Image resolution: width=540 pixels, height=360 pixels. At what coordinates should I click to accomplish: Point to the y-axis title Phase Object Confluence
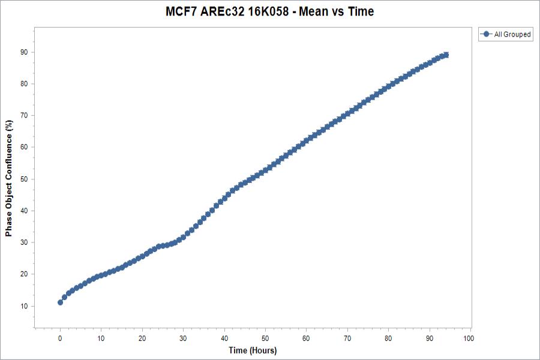(x=9, y=179)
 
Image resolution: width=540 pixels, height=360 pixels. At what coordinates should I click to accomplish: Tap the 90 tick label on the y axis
(x=24, y=52)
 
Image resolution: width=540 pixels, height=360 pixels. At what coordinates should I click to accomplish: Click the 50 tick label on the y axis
(x=24, y=179)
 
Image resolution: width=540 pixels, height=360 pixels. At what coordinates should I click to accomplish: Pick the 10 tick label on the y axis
(x=24, y=306)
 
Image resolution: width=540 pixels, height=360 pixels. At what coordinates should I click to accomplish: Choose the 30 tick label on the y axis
(x=24, y=242)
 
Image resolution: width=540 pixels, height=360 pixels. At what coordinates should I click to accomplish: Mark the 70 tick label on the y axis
(x=24, y=115)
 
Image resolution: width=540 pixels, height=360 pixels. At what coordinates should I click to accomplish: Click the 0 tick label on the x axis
(x=60, y=338)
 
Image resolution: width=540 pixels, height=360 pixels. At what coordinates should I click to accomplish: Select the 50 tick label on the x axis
(x=265, y=338)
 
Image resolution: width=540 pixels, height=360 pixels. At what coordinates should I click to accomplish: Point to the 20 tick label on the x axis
(x=142, y=338)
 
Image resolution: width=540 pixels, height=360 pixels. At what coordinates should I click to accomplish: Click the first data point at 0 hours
(x=60, y=302)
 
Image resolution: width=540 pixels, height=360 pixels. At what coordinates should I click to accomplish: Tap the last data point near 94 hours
(x=445, y=55)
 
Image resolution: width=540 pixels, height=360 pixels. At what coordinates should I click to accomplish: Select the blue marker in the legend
(x=486, y=35)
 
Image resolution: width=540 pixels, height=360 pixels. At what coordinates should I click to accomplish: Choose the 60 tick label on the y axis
(x=24, y=147)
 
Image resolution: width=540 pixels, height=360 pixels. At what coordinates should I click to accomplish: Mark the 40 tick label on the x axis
(x=224, y=338)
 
